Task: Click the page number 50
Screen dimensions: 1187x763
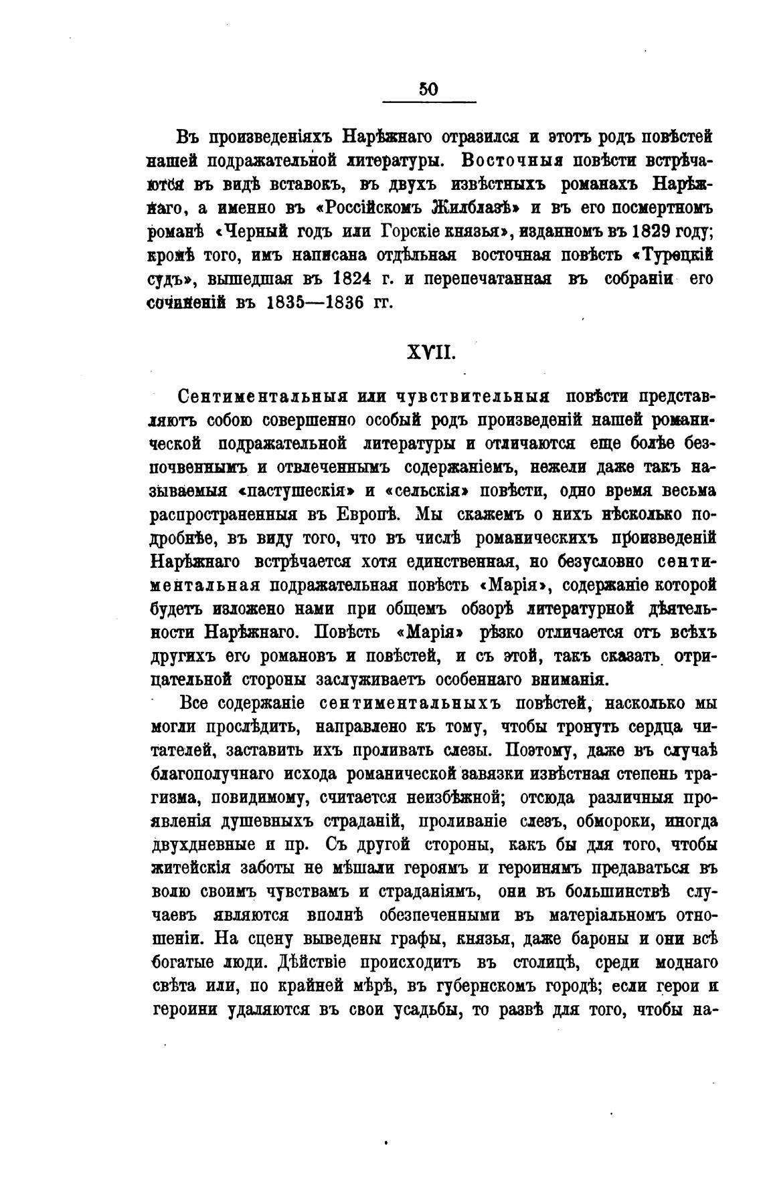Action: pyautogui.click(x=428, y=89)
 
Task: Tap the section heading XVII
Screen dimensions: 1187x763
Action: pyautogui.click(x=432, y=352)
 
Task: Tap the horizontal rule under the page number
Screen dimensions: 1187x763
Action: pyautogui.click(x=428, y=102)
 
